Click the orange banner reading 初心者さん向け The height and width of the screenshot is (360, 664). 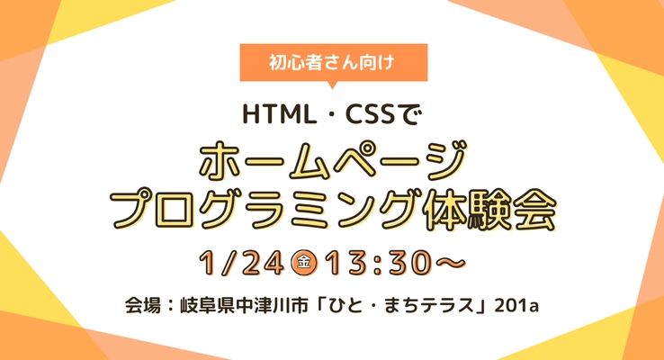pyautogui.click(x=333, y=63)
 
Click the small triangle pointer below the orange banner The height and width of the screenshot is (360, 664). pyautogui.click(x=333, y=85)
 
